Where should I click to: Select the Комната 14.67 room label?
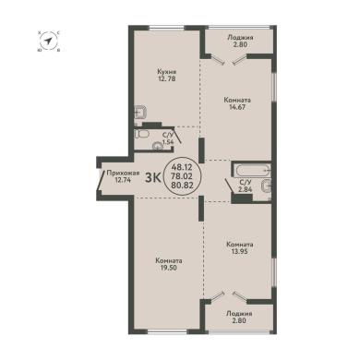tap(237, 101)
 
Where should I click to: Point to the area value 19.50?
tap(168, 268)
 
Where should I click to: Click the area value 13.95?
tap(240, 251)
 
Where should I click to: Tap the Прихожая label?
tap(123, 174)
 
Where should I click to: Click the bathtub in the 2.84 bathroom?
tap(252, 170)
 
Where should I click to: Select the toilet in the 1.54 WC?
tap(142, 135)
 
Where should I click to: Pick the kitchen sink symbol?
tap(140, 113)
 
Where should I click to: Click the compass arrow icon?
tap(49, 41)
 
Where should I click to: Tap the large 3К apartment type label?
tap(152, 178)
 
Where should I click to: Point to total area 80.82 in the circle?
tap(182, 186)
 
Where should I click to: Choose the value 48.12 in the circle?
tap(182, 168)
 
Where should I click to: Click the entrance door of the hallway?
tap(101, 180)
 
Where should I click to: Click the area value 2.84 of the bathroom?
tap(246, 189)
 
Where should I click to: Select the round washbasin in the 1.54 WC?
tap(159, 146)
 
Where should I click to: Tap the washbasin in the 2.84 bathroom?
tap(266, 186)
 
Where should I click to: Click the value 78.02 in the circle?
tap(182, 176)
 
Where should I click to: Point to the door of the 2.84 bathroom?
tap(229, 186)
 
